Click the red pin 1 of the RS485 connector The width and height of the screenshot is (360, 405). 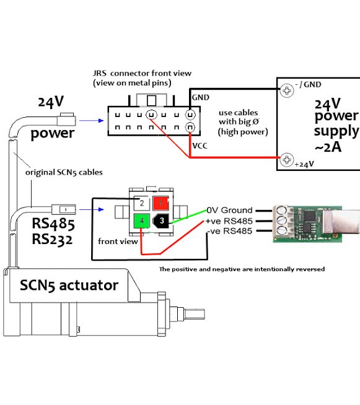[x=160, y=203]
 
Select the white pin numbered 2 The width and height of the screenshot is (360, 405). [x=142, y=203]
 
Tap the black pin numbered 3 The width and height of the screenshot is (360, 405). [x=161, y=221]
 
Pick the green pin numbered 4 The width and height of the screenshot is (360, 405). [x=142, y=221]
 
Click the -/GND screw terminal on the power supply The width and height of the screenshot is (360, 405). [x=287, y=90]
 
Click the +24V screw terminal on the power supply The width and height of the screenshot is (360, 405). [x=287, y=160]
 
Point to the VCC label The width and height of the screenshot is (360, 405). [x=200, y=146]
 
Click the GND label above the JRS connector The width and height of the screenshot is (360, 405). [x=201, y=97]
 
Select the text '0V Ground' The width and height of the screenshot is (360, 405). [x=229, y=211]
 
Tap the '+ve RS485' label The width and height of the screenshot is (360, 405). [x=229, y=221]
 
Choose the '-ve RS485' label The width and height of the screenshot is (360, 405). [x=230, y=231]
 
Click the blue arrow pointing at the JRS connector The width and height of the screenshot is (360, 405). [x=92, y=121]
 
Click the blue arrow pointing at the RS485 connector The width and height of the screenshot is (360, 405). [x=92, y=209]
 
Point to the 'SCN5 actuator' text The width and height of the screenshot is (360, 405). [x=69, y=285]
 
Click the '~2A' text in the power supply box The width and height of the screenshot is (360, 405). [x=328, y=147]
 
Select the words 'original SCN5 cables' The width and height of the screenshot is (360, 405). [x=64, y=172]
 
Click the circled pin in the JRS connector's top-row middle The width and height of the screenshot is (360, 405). [x=151, y=115]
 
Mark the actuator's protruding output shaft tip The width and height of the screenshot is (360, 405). [x=203, y=314]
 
